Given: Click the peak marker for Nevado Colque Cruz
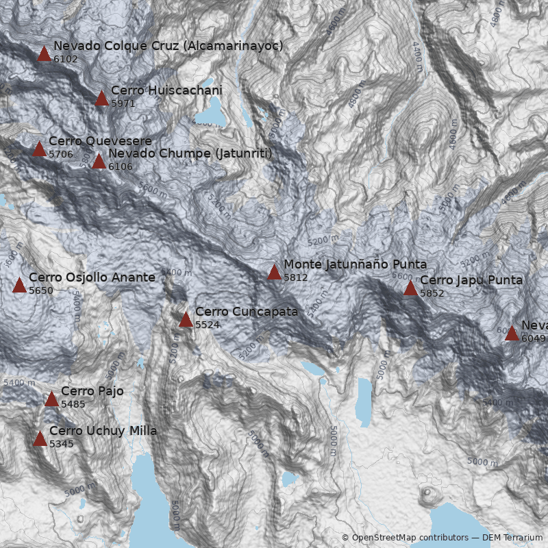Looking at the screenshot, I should click(x=45, y=54).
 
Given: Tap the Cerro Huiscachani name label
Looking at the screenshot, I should click(x=166, y=90).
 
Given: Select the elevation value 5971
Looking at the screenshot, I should click(x=123, y=103).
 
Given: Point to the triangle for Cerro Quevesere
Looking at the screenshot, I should click(x=40, y=149).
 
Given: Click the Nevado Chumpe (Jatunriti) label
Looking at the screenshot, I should click(x=190, y=153).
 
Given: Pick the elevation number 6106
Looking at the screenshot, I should click(x=120, y=166).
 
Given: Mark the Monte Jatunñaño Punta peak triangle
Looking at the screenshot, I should click(x=275, y=273).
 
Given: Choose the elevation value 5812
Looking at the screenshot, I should click(x=295, y=277).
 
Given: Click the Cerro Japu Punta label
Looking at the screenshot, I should click(x=471, y=280).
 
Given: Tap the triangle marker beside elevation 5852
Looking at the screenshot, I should click(x=410, y=288).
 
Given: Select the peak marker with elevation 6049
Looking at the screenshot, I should click(x=512, y=334).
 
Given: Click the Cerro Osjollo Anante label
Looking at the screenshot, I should click(x=92, y=277).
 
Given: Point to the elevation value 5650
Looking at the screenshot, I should click(x=40, y=290).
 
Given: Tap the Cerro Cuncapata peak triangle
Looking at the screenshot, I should click(x=186, y=320).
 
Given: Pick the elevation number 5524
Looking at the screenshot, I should click(x=207, y=325).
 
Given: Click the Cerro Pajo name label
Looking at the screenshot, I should click(x=92, y=391).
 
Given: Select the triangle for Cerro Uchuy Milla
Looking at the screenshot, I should click(x=40, y=439).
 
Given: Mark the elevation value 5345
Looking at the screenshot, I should click(x=61, y=444).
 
